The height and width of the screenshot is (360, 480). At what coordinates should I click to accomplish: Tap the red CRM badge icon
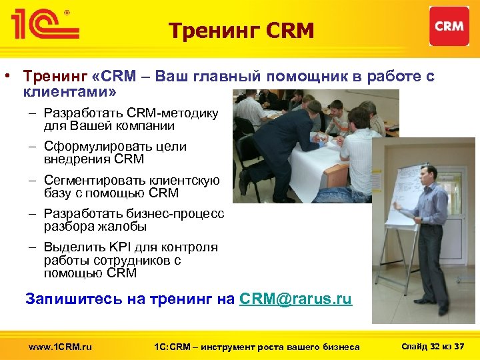click(449, 27)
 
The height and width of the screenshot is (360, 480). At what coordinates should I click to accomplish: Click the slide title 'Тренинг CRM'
click(241, 30)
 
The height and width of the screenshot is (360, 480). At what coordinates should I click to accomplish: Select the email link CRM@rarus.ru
click(295, 299)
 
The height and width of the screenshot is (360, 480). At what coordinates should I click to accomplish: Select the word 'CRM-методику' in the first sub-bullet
click(176, 113)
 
